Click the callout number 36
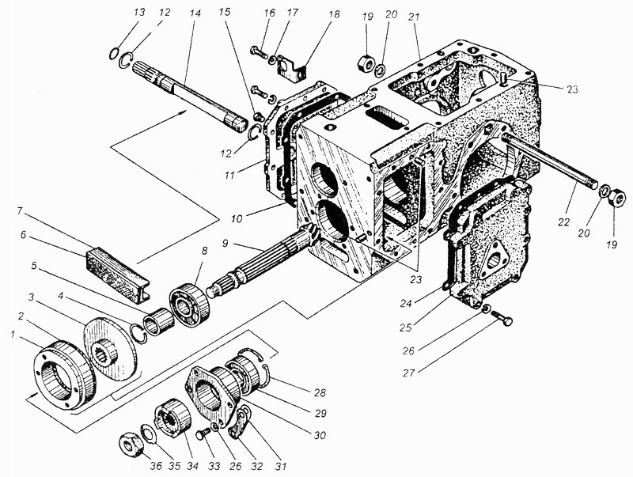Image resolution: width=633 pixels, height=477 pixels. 156,466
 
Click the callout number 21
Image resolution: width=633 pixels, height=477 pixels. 414,17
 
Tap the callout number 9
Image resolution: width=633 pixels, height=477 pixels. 225,244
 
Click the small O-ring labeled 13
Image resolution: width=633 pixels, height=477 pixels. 114,53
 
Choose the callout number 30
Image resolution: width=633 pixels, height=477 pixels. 320,435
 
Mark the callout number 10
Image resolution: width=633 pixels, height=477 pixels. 237,219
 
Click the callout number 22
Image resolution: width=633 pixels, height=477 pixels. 563,222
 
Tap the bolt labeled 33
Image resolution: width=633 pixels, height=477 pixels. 203,434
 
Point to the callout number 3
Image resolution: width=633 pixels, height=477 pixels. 32,297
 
